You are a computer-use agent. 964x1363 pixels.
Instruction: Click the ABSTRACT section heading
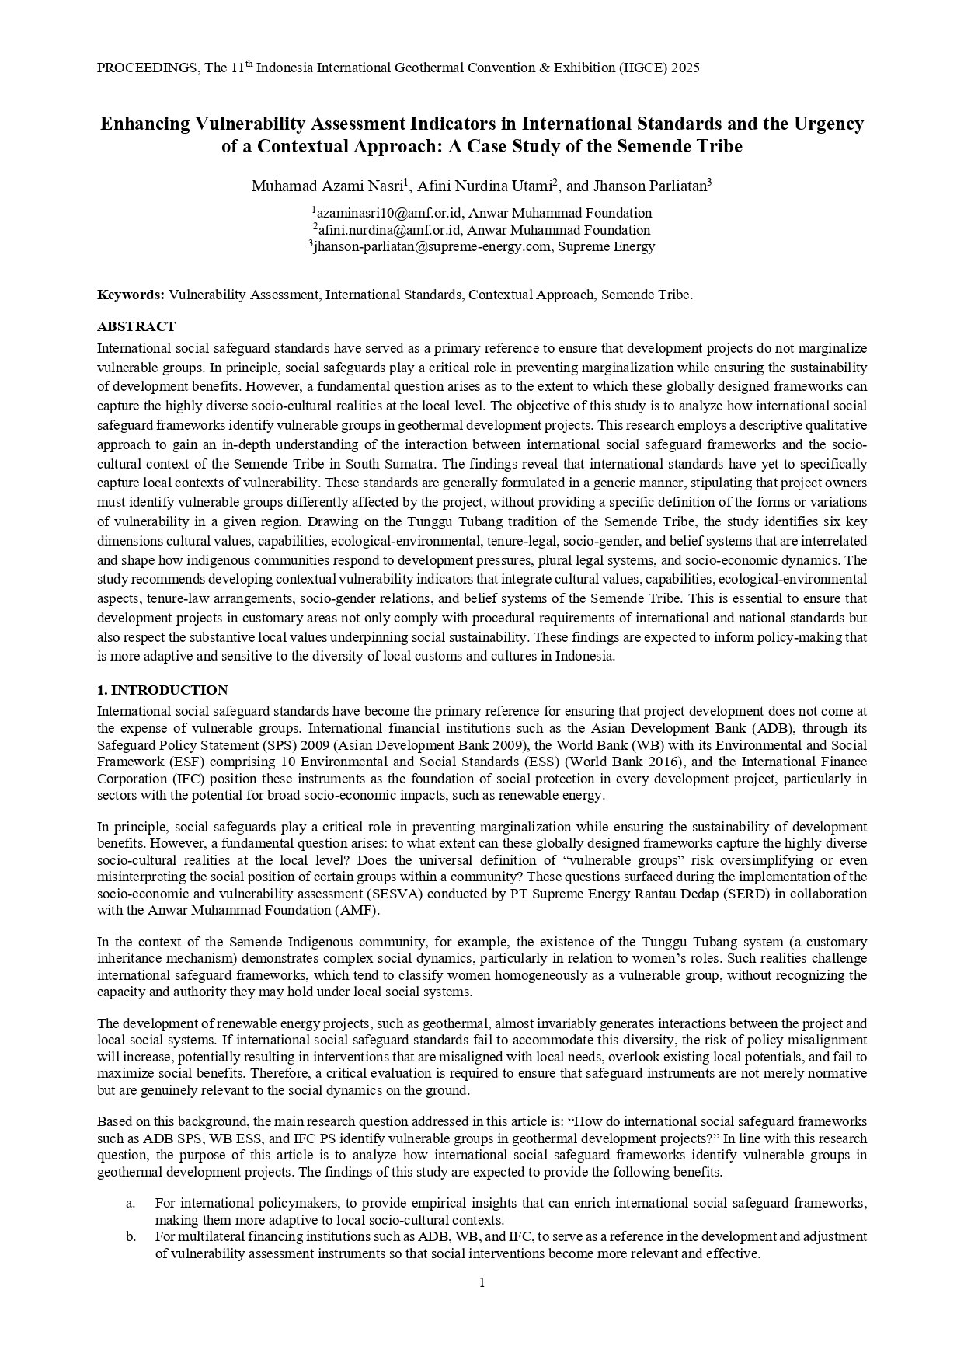136,326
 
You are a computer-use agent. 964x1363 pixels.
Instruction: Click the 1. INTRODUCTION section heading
162,690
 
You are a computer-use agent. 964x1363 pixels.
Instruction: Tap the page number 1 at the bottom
482,1282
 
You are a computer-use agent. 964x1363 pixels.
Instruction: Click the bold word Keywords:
131,295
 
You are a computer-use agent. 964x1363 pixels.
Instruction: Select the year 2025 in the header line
685,68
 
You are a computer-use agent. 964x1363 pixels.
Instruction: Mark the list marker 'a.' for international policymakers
131,1204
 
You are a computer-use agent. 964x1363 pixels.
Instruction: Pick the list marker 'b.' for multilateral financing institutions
131,1236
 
